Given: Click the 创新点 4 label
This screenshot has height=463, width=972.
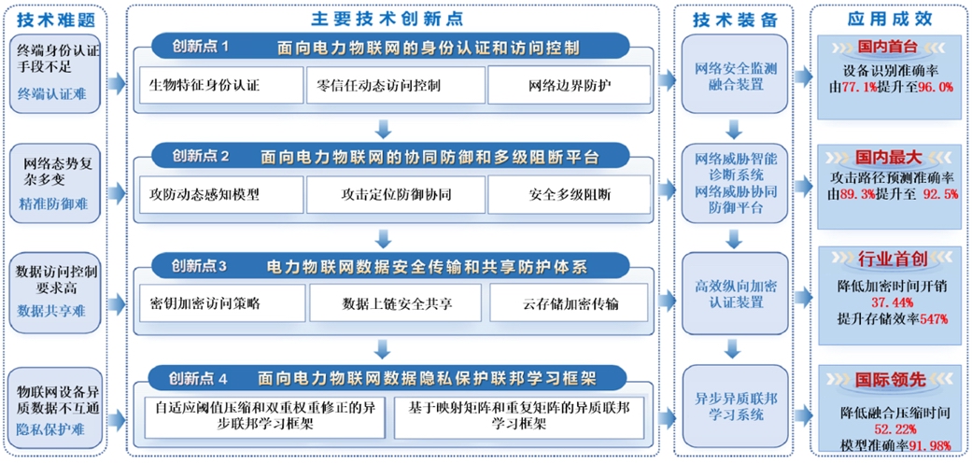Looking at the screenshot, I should [198, 378].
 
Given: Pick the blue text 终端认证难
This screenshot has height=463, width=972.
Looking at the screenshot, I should [50, 93].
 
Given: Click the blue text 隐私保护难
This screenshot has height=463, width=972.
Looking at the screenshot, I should [50, 429].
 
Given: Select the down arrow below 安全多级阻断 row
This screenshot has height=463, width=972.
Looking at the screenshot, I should [383, 238].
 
